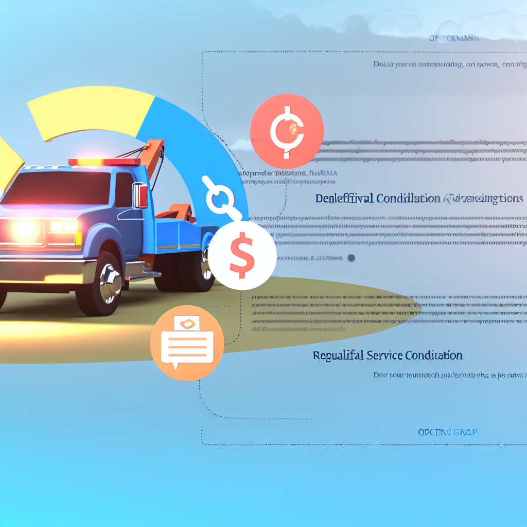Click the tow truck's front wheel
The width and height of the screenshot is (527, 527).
point(100,283)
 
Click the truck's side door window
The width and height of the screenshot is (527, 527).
point(124,190)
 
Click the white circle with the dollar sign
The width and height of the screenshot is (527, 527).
point(242,255)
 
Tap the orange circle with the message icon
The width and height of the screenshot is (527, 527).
point(187,342)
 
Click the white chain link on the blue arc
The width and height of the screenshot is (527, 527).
point(220,198)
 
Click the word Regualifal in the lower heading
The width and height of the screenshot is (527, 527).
point(338,355)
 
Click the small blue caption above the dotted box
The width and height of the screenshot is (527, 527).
point(453,38)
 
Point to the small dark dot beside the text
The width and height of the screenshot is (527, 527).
point(352,258)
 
